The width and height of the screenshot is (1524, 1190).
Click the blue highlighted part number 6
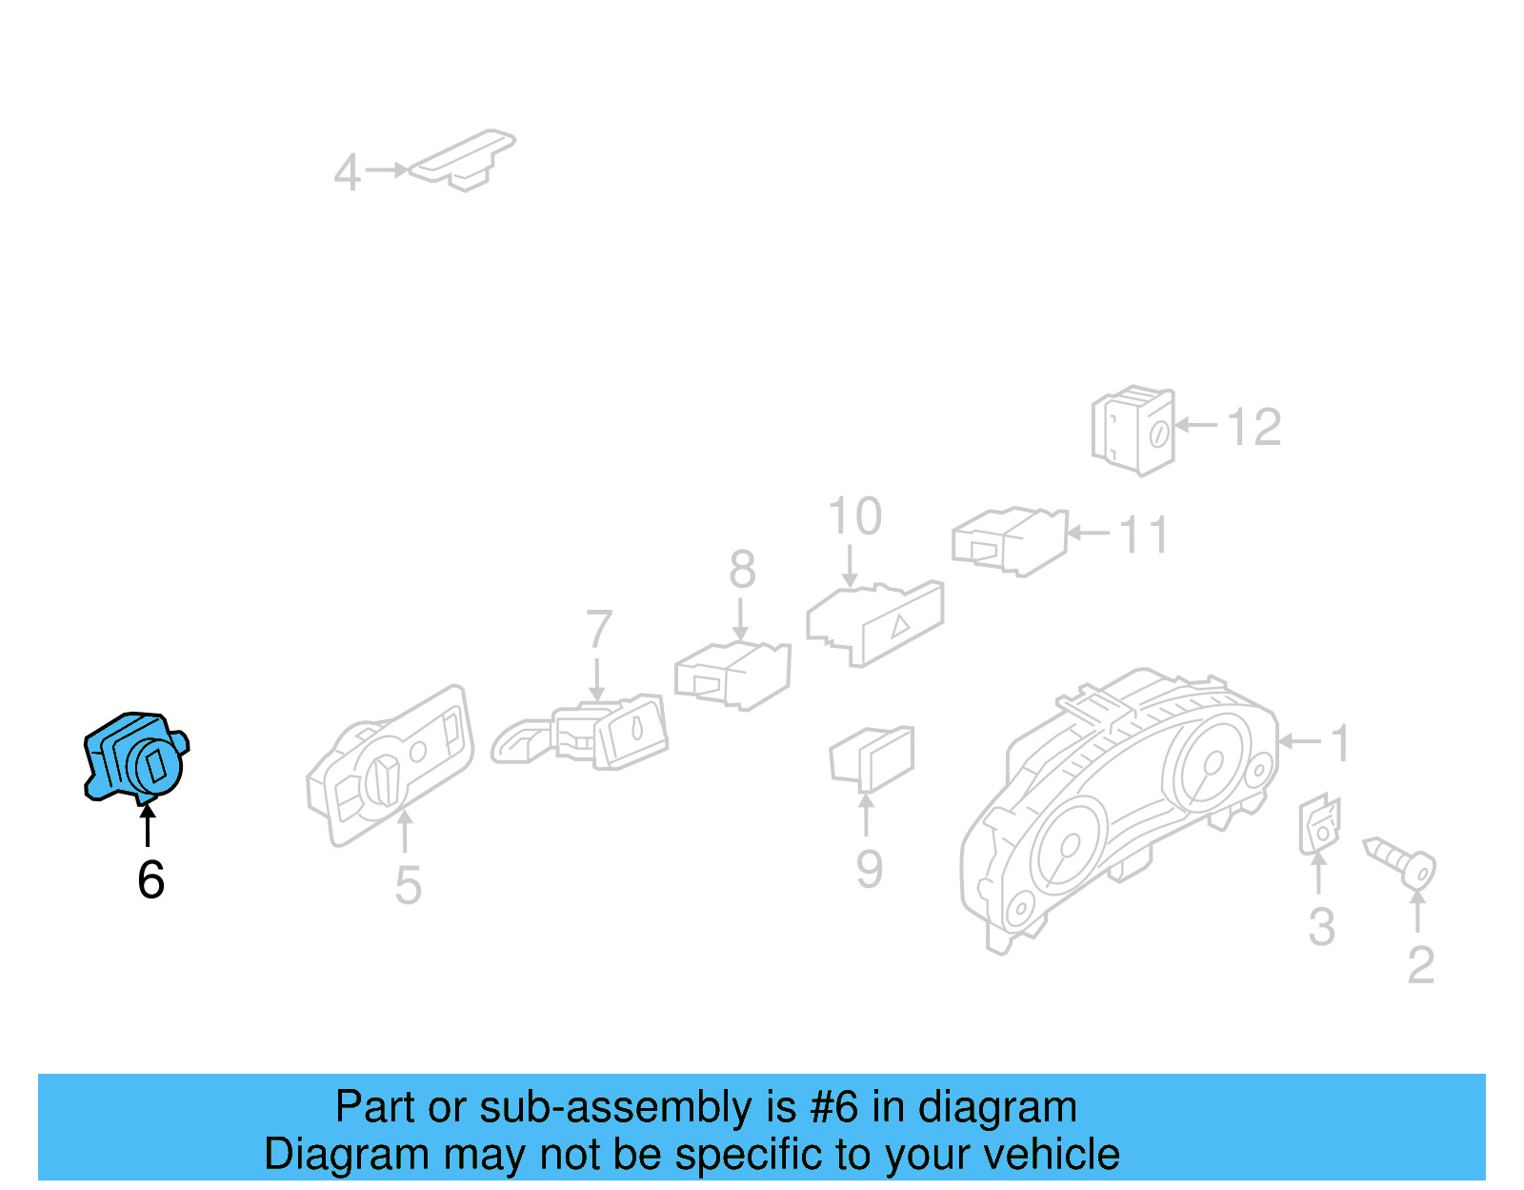[x=135, y=756]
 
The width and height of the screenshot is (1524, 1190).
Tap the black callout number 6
[x=150, y=879]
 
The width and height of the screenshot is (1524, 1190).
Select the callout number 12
[x=1253, y=427]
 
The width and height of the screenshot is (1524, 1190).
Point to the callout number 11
[x=1143, y=535]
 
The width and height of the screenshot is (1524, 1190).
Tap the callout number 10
[x=854, y=517]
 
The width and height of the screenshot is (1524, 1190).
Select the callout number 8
[x=742, y=570]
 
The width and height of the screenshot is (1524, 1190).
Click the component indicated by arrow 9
[x=872, y=758]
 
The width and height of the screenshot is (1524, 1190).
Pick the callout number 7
[x=598, y=630]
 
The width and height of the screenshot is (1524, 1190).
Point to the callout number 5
[x=408, y=885]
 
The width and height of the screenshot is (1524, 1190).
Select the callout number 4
[x=347, y=172]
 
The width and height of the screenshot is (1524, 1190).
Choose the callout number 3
[x=1321, y=927]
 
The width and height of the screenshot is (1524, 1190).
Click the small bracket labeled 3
[x=1319, y=824]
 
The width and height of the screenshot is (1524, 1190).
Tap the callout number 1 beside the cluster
[x=1340, y=743]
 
